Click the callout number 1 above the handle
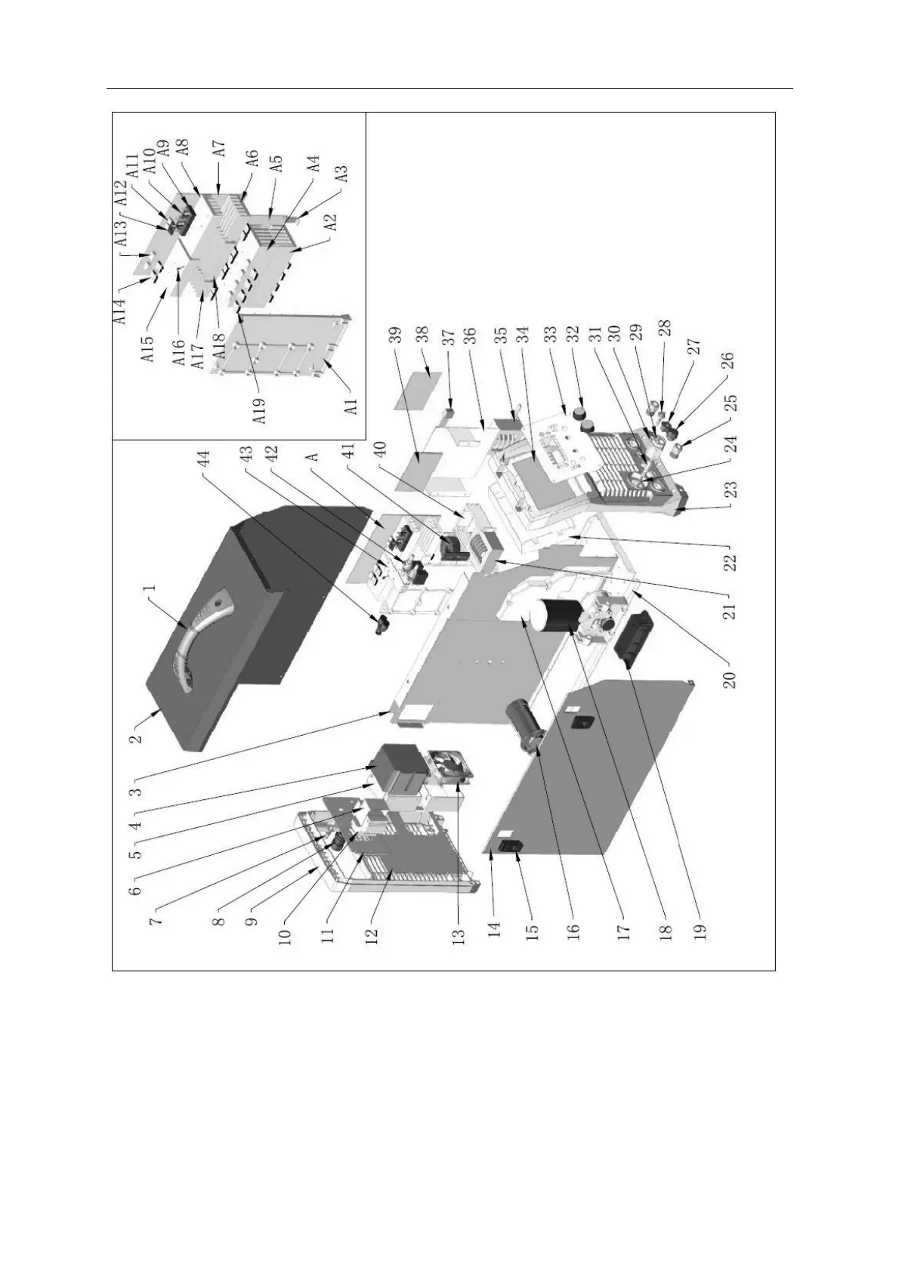[x=150, y=586]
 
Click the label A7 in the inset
[x=219, y=148]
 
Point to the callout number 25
[x=731, y=401]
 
